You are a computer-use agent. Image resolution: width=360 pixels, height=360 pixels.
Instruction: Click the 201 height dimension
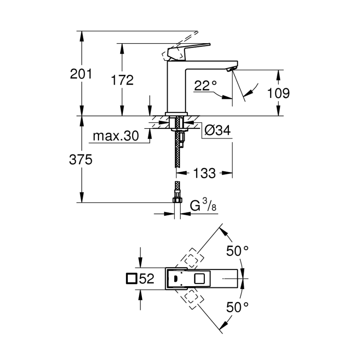click(80, 75)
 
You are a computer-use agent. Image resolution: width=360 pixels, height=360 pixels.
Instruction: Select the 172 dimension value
click(122, 80)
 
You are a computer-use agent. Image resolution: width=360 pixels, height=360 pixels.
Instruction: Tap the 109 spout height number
click(278, 93)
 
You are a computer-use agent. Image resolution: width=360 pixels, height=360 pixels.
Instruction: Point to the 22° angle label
click(205, 86)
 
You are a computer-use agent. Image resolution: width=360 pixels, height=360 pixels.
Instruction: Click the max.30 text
click(116, 136)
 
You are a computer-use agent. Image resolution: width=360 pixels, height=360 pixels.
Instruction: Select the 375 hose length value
click(80, 160)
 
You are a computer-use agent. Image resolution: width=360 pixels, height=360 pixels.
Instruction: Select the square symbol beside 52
click(131, 279)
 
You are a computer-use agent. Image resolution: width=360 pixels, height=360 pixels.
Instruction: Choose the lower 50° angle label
click(237, 307)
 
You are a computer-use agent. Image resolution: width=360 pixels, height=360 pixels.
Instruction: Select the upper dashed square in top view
click(191, 259)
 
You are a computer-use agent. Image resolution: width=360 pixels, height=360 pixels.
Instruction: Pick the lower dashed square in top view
click(191, 298)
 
